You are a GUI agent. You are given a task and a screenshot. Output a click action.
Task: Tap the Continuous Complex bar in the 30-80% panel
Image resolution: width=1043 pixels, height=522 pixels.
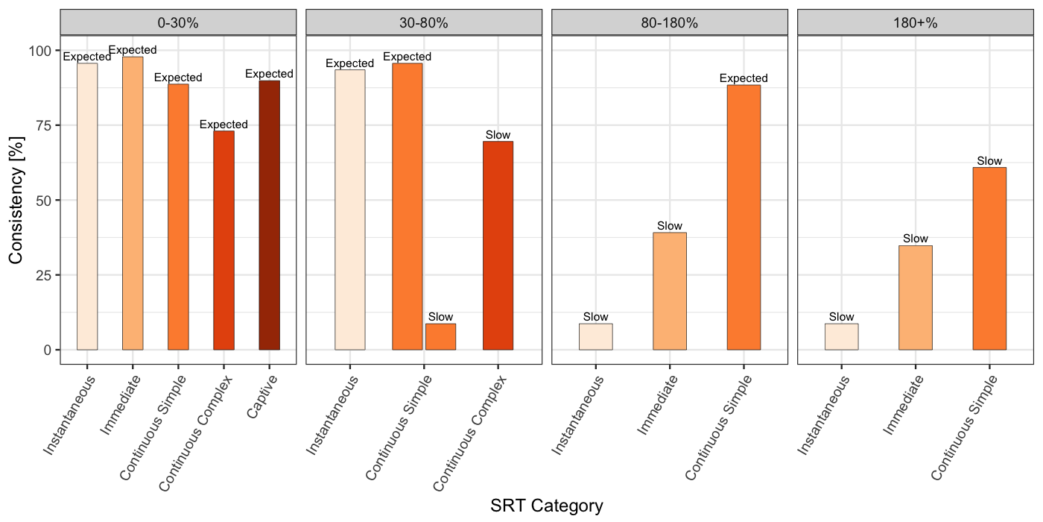[x=498, y=245]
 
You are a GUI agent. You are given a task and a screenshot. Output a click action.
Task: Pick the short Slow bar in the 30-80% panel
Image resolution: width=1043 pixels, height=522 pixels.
[x=440, y=336]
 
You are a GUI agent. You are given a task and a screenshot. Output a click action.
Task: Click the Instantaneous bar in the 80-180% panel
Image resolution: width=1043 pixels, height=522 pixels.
[x=595, y=336]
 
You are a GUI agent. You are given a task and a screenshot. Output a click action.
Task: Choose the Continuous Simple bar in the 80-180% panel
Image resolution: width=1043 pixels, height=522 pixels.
[x=744, y=217]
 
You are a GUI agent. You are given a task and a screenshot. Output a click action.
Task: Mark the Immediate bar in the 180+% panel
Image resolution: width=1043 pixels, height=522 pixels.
[x=915, y=298]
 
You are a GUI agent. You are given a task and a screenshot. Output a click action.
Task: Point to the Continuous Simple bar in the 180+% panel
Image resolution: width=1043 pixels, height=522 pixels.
[x=989, y=258]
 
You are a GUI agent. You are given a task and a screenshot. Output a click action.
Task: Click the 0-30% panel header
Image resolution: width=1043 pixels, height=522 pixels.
[x=178, y=22]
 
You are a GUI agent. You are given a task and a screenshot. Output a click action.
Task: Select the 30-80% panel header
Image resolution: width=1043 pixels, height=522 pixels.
[x=424, y=22]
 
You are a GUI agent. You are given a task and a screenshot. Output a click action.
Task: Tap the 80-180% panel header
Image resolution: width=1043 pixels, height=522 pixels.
[x=669, y=22]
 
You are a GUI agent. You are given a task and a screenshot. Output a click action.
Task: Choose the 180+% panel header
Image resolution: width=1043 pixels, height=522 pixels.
[x=915, y=22]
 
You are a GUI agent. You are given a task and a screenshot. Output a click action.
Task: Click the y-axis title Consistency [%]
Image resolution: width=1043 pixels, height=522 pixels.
[x=16, y=200]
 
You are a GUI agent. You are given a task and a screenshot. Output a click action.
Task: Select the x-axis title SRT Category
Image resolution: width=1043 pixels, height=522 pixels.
[x=546, y=506]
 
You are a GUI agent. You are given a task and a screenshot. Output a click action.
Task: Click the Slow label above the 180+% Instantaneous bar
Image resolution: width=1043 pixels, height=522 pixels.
[x=841, y=317]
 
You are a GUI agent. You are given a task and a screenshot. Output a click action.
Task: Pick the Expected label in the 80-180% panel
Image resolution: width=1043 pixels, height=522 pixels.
[x=744, y=78]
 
